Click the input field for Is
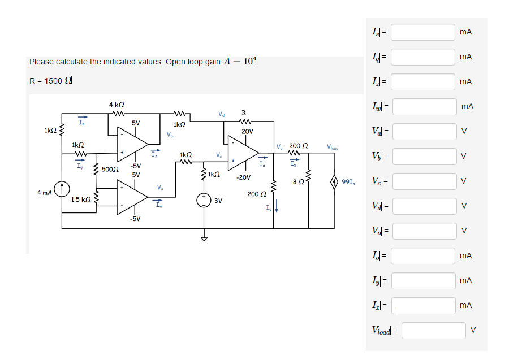[x=423, y=32]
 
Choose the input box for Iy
[x=423, y=281]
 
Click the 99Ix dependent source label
[x=350, y=182]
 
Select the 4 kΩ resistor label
[x=117, y=105]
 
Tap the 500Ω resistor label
[x=110, y=170]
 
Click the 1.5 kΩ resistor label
[x=81, y=199]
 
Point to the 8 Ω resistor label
[x=299, y=181]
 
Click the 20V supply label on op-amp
[x=247, y=131]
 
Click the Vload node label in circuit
[x=333, y=147]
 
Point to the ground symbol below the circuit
[x=205, y=238]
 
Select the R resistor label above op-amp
[x=243, y=112]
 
